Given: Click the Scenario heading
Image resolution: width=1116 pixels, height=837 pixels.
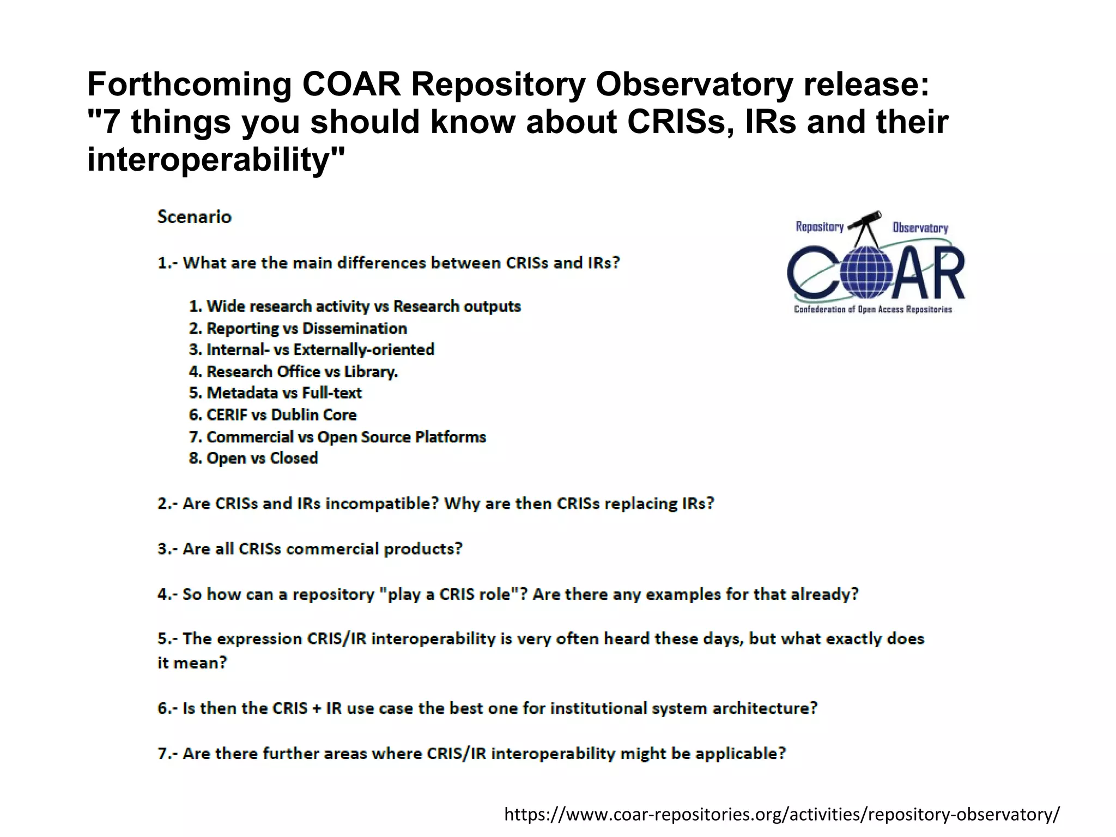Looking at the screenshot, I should [195, 217].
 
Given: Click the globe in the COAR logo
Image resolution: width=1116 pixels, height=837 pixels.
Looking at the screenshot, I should [866, 273].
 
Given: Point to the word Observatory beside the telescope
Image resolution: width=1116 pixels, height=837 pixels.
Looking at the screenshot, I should [920, 228].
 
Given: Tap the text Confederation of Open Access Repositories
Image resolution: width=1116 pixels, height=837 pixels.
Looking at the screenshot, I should [872, 309].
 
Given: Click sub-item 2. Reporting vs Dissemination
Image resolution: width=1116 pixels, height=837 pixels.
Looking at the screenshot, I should [298, 328].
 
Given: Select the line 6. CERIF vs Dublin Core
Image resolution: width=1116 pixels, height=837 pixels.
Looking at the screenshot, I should [272, 415].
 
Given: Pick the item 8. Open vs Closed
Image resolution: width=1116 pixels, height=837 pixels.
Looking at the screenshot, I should [253, 458].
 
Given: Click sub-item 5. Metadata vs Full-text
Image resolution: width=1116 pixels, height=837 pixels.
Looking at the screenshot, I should [275, 393].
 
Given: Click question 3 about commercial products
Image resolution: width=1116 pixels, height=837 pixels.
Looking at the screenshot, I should [310, 549].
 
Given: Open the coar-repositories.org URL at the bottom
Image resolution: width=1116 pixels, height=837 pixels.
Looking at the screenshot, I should [782, 814].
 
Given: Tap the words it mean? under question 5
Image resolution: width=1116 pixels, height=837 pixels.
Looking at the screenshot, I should [192, 663].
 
